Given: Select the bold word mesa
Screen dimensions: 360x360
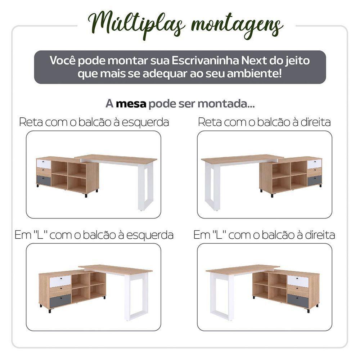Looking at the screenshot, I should pyautogui.click(x=131, y=104).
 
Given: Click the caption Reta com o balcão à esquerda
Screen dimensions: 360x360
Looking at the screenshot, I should pyautogui.click(x=94, y=122).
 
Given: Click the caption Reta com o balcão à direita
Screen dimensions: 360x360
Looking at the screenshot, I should pyautogui.click(x=264, y=122).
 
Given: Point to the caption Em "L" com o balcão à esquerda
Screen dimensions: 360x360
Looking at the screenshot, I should pyautogui.click(x=94, y=235).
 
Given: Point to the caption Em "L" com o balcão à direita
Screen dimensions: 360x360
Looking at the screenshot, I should pyautogui.click(x=264, y=235).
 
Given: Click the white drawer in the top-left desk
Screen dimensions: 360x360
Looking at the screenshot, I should pyautogui.click(x=44, y=163).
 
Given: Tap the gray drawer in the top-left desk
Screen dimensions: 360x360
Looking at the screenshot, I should pyautogui.click(x=44, y=180).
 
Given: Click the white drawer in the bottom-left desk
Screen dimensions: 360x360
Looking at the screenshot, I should pyautogui.click(x=60, y=281).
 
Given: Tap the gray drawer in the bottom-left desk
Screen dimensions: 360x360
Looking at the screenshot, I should pyautogui.click(x=60, y=300).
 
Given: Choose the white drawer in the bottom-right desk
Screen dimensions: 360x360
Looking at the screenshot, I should pyautogui.click(x=298, y=281).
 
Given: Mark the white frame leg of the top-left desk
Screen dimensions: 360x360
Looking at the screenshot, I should pyautogui.click(x=145, y=187).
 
